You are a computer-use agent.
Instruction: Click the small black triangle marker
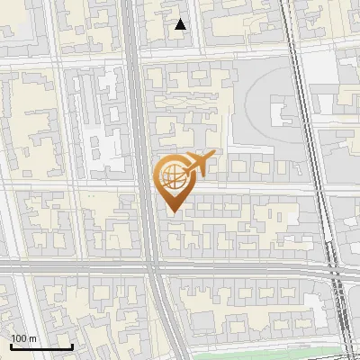coord(182,25)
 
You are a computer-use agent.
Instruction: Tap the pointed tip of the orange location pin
coord(171,212)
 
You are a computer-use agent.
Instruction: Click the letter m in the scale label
coord(33,338)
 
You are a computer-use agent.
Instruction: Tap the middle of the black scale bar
coord(41,346)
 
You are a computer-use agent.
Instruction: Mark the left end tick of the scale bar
coord(11,346)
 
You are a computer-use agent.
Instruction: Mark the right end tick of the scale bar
coord(72,346)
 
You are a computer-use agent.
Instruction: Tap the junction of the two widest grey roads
coord(151,266)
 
